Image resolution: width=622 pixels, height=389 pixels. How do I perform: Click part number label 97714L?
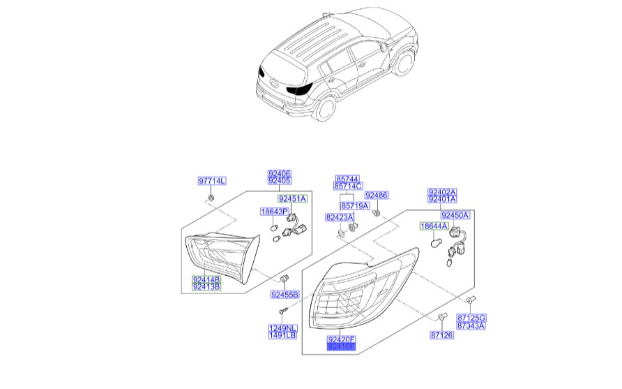tap(212, 182)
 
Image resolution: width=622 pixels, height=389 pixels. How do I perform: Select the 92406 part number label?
tap(280, 173)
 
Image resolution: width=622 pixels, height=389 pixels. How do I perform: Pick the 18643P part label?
tap(275, 211)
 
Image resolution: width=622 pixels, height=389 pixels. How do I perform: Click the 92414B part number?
tap(206, 279)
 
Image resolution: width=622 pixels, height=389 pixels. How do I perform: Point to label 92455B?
tap(285, 295)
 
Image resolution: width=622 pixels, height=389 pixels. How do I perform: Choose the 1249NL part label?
tap(282, 328)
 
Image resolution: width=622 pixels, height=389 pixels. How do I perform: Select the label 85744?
tap(347, 179)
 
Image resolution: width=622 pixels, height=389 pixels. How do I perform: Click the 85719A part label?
tap(355, 206)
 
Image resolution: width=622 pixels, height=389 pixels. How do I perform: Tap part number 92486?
tap(377, 196)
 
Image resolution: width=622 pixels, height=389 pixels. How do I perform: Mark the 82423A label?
tap(339, 218)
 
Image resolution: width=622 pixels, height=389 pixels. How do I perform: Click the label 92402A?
tap(442, 192)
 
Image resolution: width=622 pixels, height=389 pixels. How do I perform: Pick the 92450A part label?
tap(455, 216)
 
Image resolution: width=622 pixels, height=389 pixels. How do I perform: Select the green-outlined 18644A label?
tap(433, 227)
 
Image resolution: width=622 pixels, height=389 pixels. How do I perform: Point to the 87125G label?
tap(471, 318)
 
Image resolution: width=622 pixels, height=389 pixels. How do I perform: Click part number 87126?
tap(442, 336)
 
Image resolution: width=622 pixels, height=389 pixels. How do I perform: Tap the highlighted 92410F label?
tap(342, 346)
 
